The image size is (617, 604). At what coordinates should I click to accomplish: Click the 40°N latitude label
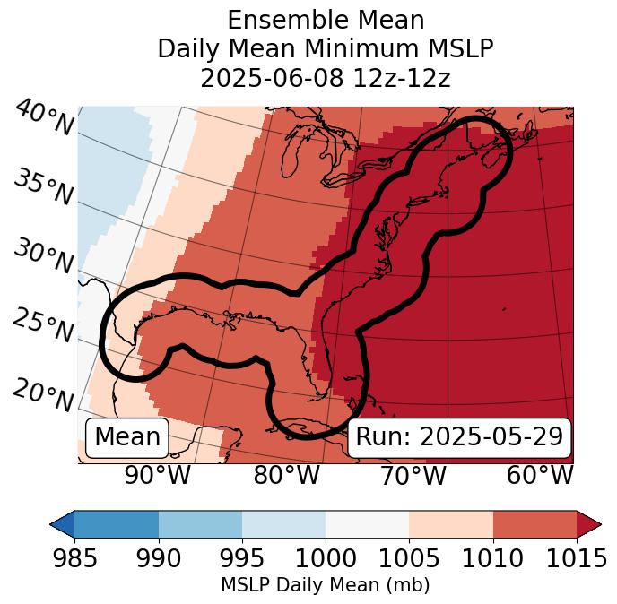coord(44,118)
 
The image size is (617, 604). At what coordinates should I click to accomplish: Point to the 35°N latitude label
coord(43,186)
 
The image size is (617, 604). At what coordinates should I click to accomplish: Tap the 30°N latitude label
coord(43,256)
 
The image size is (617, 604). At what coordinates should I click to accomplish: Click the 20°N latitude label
coord(43,392)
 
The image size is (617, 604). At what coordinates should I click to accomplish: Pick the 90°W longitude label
coord(157,475)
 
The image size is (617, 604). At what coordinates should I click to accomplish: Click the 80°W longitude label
coord(286,475)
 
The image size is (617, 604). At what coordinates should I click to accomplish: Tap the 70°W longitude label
coord(413,475)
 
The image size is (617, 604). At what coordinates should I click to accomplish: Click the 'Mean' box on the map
coord(127,437)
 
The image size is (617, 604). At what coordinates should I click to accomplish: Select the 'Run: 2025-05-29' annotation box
coord(459,437)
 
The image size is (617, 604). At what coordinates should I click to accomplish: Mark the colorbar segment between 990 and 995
coord(200,523)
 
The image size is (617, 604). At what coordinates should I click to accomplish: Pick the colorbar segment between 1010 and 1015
coord(534,523)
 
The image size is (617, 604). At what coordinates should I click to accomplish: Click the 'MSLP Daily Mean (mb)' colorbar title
coord(325,585)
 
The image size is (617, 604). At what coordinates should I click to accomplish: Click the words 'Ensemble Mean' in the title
coord(326,20)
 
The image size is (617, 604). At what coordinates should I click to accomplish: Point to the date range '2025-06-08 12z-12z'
coord(326,78)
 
